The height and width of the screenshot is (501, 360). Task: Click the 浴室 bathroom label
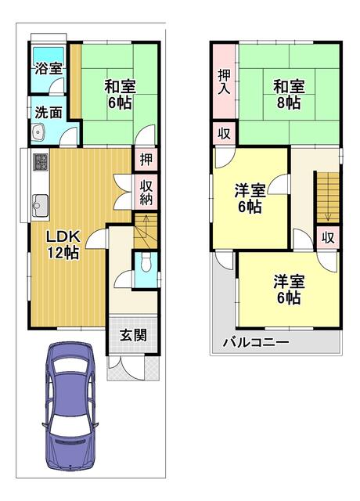(48, 68)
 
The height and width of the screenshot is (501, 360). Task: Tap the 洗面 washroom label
(48, 112)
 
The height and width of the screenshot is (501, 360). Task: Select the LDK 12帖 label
(60, 244)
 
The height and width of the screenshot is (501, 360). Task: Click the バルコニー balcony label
(256, 342)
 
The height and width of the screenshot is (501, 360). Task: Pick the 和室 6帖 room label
(119, 94)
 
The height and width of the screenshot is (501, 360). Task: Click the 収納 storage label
(146, 191)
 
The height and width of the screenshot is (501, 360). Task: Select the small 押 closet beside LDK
(146, 160)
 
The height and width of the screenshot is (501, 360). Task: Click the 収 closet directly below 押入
(224, 134)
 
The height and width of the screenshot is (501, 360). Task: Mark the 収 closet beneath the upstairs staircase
(328, 237)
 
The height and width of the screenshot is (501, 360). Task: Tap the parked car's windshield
(70, 387)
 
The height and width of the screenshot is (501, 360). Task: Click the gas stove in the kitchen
(41, 163)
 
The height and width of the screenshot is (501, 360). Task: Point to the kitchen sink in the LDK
(40, 207)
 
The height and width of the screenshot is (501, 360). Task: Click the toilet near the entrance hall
(144, 267)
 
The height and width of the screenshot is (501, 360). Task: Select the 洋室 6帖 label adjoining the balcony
(287, 290)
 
